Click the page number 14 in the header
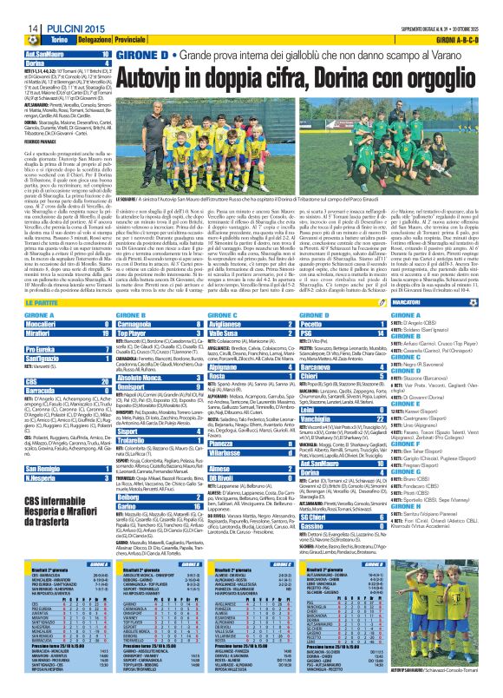[15, 28]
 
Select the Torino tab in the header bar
[36, 41]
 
